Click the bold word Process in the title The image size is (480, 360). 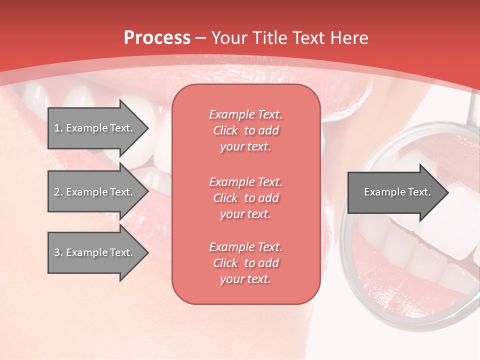tap(157, 38)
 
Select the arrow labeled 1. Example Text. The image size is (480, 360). tap(95, 128)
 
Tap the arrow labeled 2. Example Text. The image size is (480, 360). tap(95, 192)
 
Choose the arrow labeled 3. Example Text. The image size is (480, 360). tap(95, 252)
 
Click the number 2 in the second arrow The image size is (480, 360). tap(57, 192)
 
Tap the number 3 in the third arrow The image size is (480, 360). tap(57, 252)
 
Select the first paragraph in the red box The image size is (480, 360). tap(245, 130)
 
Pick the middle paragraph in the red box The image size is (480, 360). tap(245, 198)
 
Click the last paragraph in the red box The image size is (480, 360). tap(245, 263)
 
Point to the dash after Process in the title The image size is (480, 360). tap(201, 38)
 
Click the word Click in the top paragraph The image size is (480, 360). tap(225, 130)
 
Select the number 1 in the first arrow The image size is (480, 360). tap(57, 128)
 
